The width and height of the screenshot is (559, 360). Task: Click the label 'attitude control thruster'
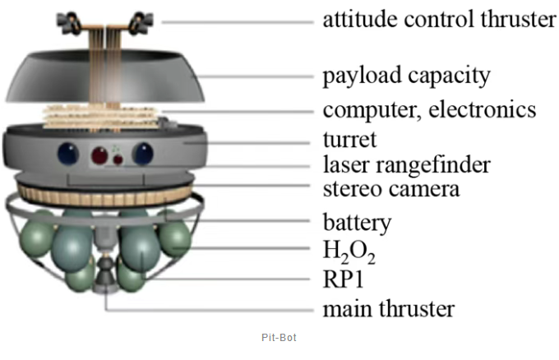[439, 20]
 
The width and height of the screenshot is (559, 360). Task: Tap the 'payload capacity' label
[406, 76]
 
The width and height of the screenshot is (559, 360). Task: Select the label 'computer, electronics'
[429, 109]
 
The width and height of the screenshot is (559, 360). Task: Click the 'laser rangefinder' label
[406, 164]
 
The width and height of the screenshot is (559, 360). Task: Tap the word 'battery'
[357, 222]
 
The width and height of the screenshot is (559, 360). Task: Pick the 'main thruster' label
[388, 309]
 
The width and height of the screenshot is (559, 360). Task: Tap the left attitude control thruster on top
[68, 18]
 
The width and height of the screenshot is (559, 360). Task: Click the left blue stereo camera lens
[67, 154]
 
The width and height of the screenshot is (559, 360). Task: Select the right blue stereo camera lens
[145, 154]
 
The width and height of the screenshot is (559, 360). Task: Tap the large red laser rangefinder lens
[104, 155]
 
